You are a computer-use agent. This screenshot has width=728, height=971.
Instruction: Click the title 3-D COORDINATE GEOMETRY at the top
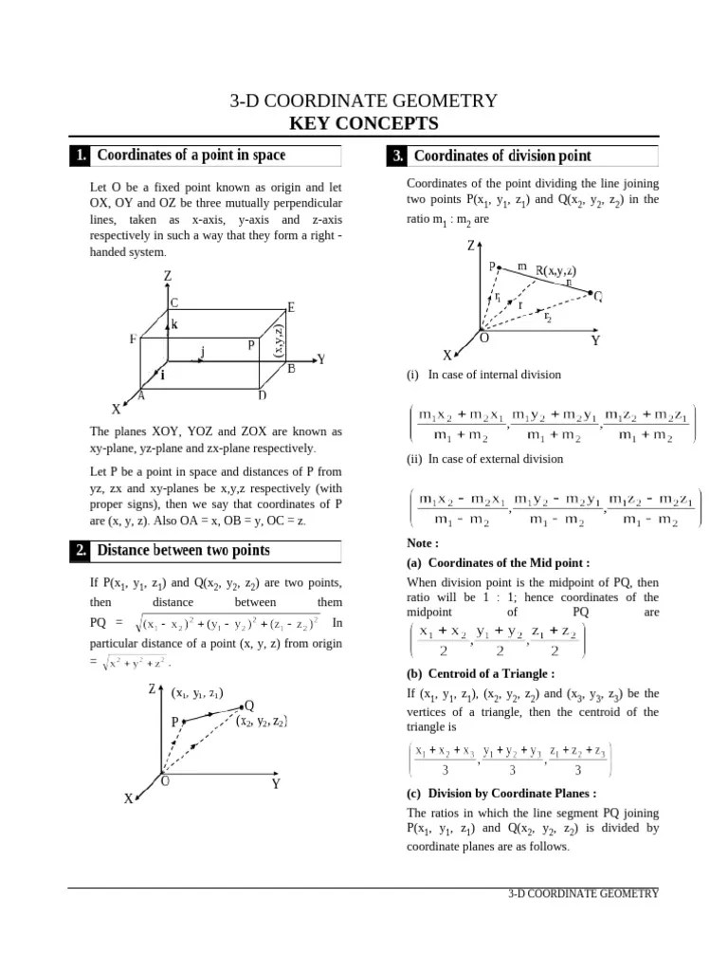(x=364, y=101)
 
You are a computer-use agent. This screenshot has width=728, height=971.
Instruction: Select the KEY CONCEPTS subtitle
(x=364, y=124)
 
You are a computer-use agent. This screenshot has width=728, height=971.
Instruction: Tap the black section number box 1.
(x=81, y=156)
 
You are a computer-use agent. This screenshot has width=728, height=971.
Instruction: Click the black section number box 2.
(x=81, y=551)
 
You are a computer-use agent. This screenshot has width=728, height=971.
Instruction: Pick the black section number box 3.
(x=396, y=156)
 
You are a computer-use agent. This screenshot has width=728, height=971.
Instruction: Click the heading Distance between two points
(x=184, y=551)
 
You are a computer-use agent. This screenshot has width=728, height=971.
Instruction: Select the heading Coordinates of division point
(x=502, y=156)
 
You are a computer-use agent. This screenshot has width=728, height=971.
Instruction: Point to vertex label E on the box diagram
(x=291, y=307)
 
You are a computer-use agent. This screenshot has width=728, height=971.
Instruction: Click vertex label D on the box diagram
(x=262, y=395)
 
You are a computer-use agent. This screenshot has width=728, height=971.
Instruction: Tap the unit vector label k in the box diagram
(x=174, y=324)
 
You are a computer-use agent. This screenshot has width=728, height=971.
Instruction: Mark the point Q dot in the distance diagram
(x=240, y=706)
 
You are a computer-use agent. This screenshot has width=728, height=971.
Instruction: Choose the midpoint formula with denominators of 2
(x=496, y=642)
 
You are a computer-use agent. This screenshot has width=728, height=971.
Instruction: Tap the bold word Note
(x=422, y=543)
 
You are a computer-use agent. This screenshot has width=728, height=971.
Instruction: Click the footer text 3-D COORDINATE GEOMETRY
(x=582, y=894)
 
